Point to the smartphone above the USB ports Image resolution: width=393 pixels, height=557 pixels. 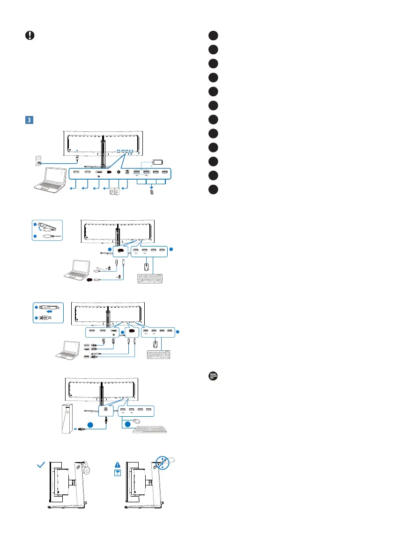[x=157, y=162]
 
